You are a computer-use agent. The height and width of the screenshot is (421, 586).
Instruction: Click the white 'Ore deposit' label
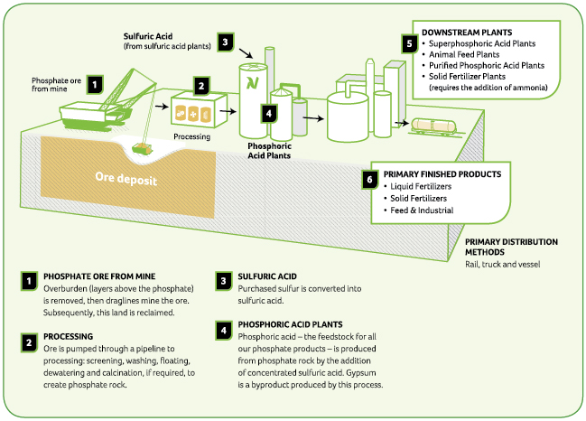(126, 180)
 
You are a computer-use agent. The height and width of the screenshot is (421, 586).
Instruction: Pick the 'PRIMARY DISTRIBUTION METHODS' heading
(511, 247)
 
